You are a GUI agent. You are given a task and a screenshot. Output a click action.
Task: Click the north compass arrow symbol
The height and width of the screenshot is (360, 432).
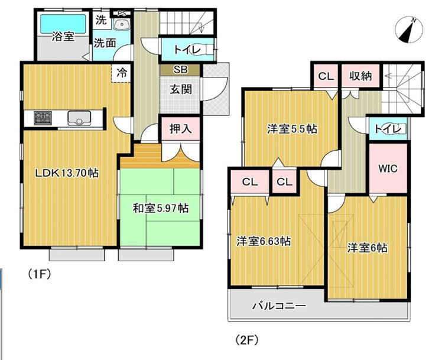(409, 31)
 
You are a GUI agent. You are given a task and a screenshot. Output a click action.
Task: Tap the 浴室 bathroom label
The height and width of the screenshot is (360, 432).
(62, 37)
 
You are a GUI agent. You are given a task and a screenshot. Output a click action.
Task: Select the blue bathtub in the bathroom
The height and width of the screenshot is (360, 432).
(62, 24)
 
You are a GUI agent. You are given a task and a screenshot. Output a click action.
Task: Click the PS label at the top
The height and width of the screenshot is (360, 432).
(121, 13)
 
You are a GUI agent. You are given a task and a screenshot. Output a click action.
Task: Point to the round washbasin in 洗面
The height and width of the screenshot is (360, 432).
(122, 24)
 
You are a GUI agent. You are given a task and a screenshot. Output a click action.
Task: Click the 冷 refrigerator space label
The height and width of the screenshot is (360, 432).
(121, 73)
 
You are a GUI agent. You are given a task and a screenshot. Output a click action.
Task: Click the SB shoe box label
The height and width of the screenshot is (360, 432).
(180, 70)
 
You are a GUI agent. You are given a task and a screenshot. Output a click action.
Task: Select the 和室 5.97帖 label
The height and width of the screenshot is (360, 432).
(160, 208)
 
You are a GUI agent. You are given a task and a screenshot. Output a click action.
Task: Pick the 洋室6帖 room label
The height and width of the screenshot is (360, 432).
(367, 248)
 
